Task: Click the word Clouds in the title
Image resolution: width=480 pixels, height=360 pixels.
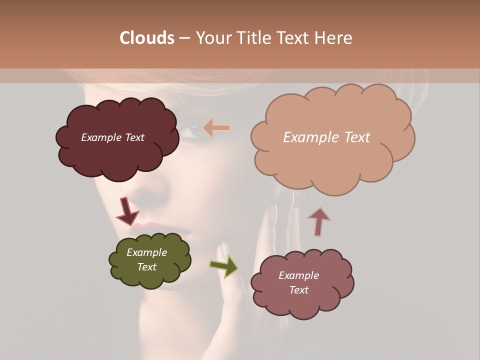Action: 146,38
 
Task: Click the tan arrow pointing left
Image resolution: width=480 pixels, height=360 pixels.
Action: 216,128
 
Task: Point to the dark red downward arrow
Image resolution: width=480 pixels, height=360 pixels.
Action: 127,211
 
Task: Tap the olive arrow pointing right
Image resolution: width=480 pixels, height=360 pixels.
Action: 224,265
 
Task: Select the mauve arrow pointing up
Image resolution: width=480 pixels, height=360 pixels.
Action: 318,221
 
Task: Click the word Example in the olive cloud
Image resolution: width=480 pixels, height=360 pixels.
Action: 146,252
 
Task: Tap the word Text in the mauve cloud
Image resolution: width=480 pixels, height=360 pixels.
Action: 298,290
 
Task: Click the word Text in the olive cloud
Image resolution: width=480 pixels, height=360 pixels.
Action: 146,267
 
